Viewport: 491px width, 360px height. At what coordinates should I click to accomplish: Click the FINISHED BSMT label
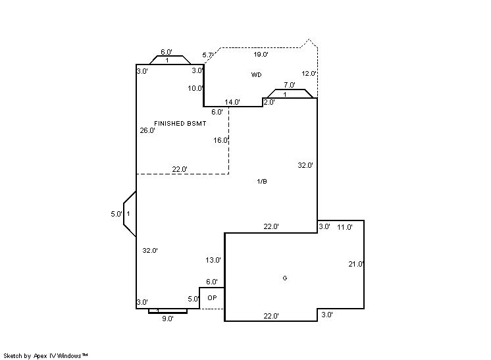click(180, 123)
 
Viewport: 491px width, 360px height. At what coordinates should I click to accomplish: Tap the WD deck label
click(256, 74)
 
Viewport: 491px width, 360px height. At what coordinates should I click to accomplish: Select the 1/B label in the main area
click(262, 181)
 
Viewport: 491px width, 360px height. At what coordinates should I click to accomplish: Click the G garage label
click(284, 278)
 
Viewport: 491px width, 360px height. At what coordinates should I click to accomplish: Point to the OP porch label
click(212, 297)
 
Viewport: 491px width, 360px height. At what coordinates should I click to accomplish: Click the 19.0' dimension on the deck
click(261, 55)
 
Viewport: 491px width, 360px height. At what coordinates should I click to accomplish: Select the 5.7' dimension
click(207, 55)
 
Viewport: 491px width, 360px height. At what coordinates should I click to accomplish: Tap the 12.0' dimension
click(309, 74)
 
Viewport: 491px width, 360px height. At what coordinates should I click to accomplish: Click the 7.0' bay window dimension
click(290, 85)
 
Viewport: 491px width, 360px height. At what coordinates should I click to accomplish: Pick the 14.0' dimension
click(232, 102)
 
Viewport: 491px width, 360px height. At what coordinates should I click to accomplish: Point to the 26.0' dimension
click(147, 130)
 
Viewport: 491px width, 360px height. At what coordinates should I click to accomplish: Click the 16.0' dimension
click(221, 140)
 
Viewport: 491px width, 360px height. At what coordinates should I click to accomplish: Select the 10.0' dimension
click(195, 88)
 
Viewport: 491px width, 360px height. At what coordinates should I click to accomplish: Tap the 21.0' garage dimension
click(356, 264)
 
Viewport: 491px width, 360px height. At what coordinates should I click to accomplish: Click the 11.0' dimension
click(345, 227)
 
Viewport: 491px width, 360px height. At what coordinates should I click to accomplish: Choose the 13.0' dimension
click(213, 260)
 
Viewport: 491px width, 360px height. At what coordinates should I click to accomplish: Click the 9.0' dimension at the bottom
click(168, 319)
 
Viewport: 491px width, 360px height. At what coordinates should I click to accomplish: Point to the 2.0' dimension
click(269, 102)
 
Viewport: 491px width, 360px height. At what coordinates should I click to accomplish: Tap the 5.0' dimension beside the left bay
click(116, 214)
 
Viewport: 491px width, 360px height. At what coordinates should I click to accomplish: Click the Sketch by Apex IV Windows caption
click(45, 356)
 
